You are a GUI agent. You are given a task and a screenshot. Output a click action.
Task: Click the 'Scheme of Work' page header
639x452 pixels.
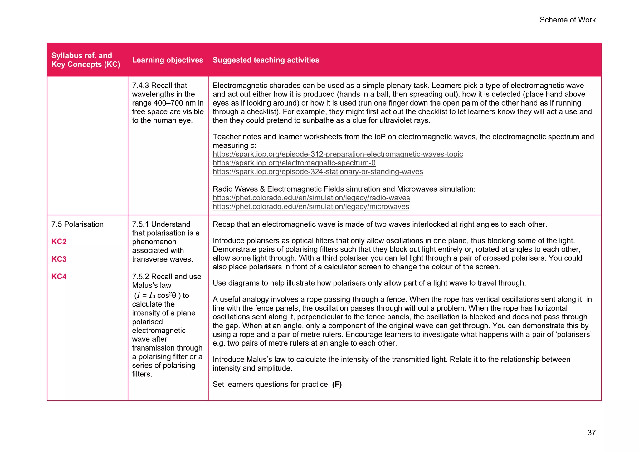coord(567,20)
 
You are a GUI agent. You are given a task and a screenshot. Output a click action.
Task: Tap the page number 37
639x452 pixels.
coord(591,433)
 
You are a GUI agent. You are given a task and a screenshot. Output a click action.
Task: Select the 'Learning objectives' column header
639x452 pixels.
coord(168,60)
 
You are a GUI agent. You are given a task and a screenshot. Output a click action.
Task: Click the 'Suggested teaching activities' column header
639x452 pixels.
coord(266,60)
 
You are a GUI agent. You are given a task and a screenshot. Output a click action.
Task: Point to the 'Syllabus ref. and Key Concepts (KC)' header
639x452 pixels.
coord(85,60)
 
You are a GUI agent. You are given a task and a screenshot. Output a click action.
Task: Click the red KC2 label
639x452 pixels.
coord(59,242)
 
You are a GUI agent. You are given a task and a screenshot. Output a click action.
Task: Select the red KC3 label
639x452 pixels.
coord(59,259)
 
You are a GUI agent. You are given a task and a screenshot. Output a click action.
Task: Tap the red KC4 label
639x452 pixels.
coord(59,277)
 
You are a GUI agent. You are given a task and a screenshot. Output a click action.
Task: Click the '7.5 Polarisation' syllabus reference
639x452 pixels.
coord(77,224)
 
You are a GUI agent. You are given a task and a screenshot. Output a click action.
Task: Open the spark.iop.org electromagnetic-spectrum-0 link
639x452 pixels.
coord(294,163)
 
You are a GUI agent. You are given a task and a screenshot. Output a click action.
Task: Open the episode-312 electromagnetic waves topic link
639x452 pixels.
coord(338,154)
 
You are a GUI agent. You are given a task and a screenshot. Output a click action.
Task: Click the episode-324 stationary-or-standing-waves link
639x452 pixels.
coord(318,172)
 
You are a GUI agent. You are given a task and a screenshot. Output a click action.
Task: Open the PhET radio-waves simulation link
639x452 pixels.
coord(311,198)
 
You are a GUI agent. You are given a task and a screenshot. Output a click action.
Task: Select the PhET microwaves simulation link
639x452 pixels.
coord(311,207)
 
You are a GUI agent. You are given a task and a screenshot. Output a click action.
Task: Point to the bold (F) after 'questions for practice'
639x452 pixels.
coord(337,385)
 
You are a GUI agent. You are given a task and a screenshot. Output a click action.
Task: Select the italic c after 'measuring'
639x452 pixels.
coord(252,146)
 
